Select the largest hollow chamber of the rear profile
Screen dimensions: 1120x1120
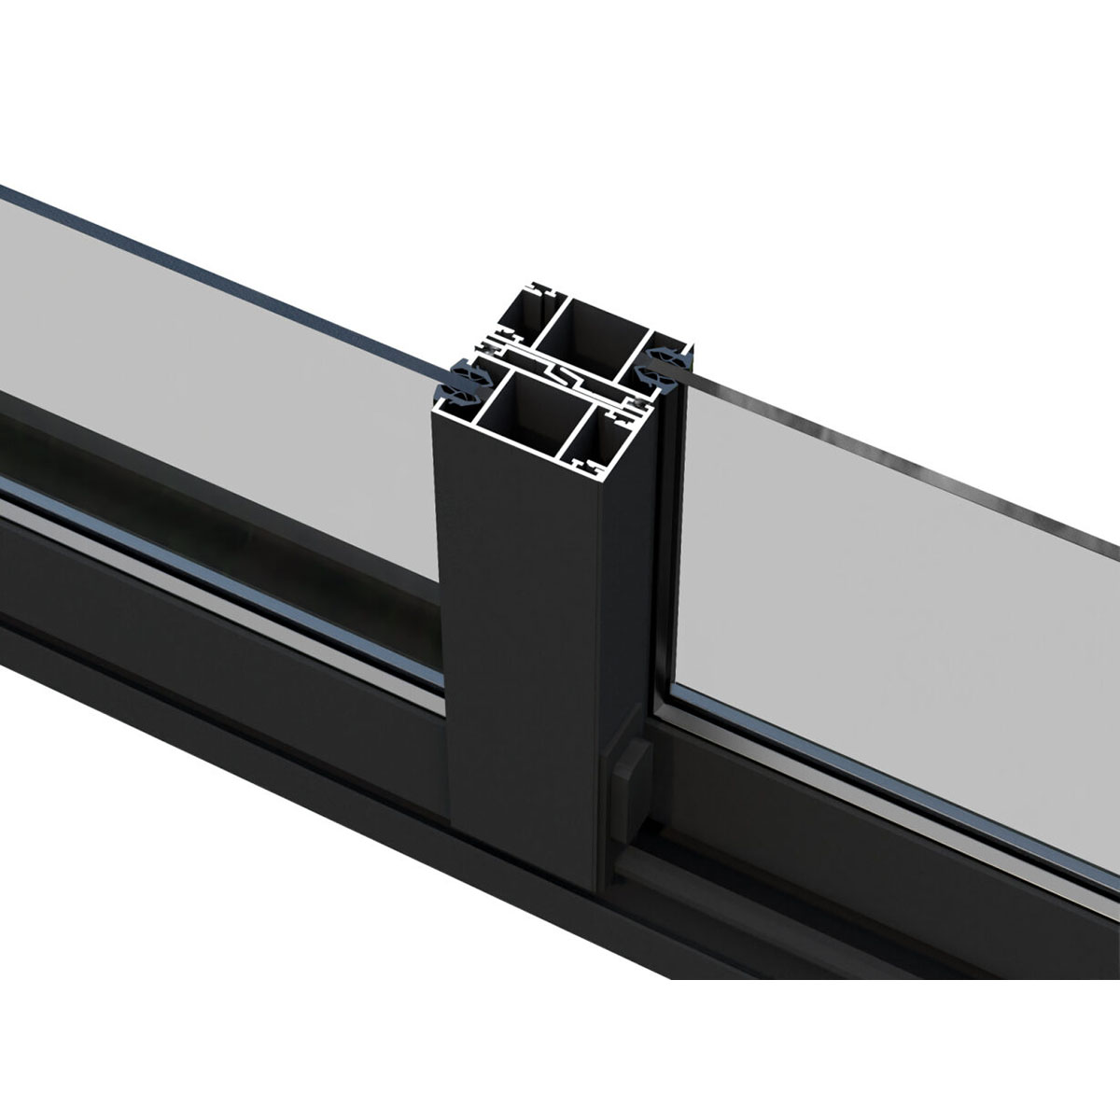[597, 331]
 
